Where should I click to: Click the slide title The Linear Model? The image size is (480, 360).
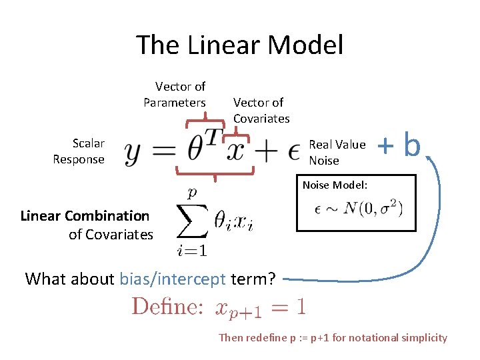pyautogui.click(x=240, y=45)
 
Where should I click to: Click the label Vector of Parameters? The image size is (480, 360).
pyautogui.click(x=175, y=94)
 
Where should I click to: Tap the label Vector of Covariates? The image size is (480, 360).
pyautogui.click(x=261, y=110)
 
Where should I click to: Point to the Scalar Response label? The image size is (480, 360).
pyautogui.click(x=79, y=151)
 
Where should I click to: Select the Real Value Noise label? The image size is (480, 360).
pyautogui.click(x=337, y=152)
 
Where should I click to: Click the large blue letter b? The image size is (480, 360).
pyautogui.click(x=412, y=145)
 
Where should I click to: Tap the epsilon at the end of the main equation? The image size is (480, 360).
pyautogui.click(x=293, y=153)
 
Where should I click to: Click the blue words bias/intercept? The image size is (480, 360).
pyautogui.click(x=173, y=279)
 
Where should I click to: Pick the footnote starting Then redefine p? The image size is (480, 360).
pyautogui.click(x=333, y=337)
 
